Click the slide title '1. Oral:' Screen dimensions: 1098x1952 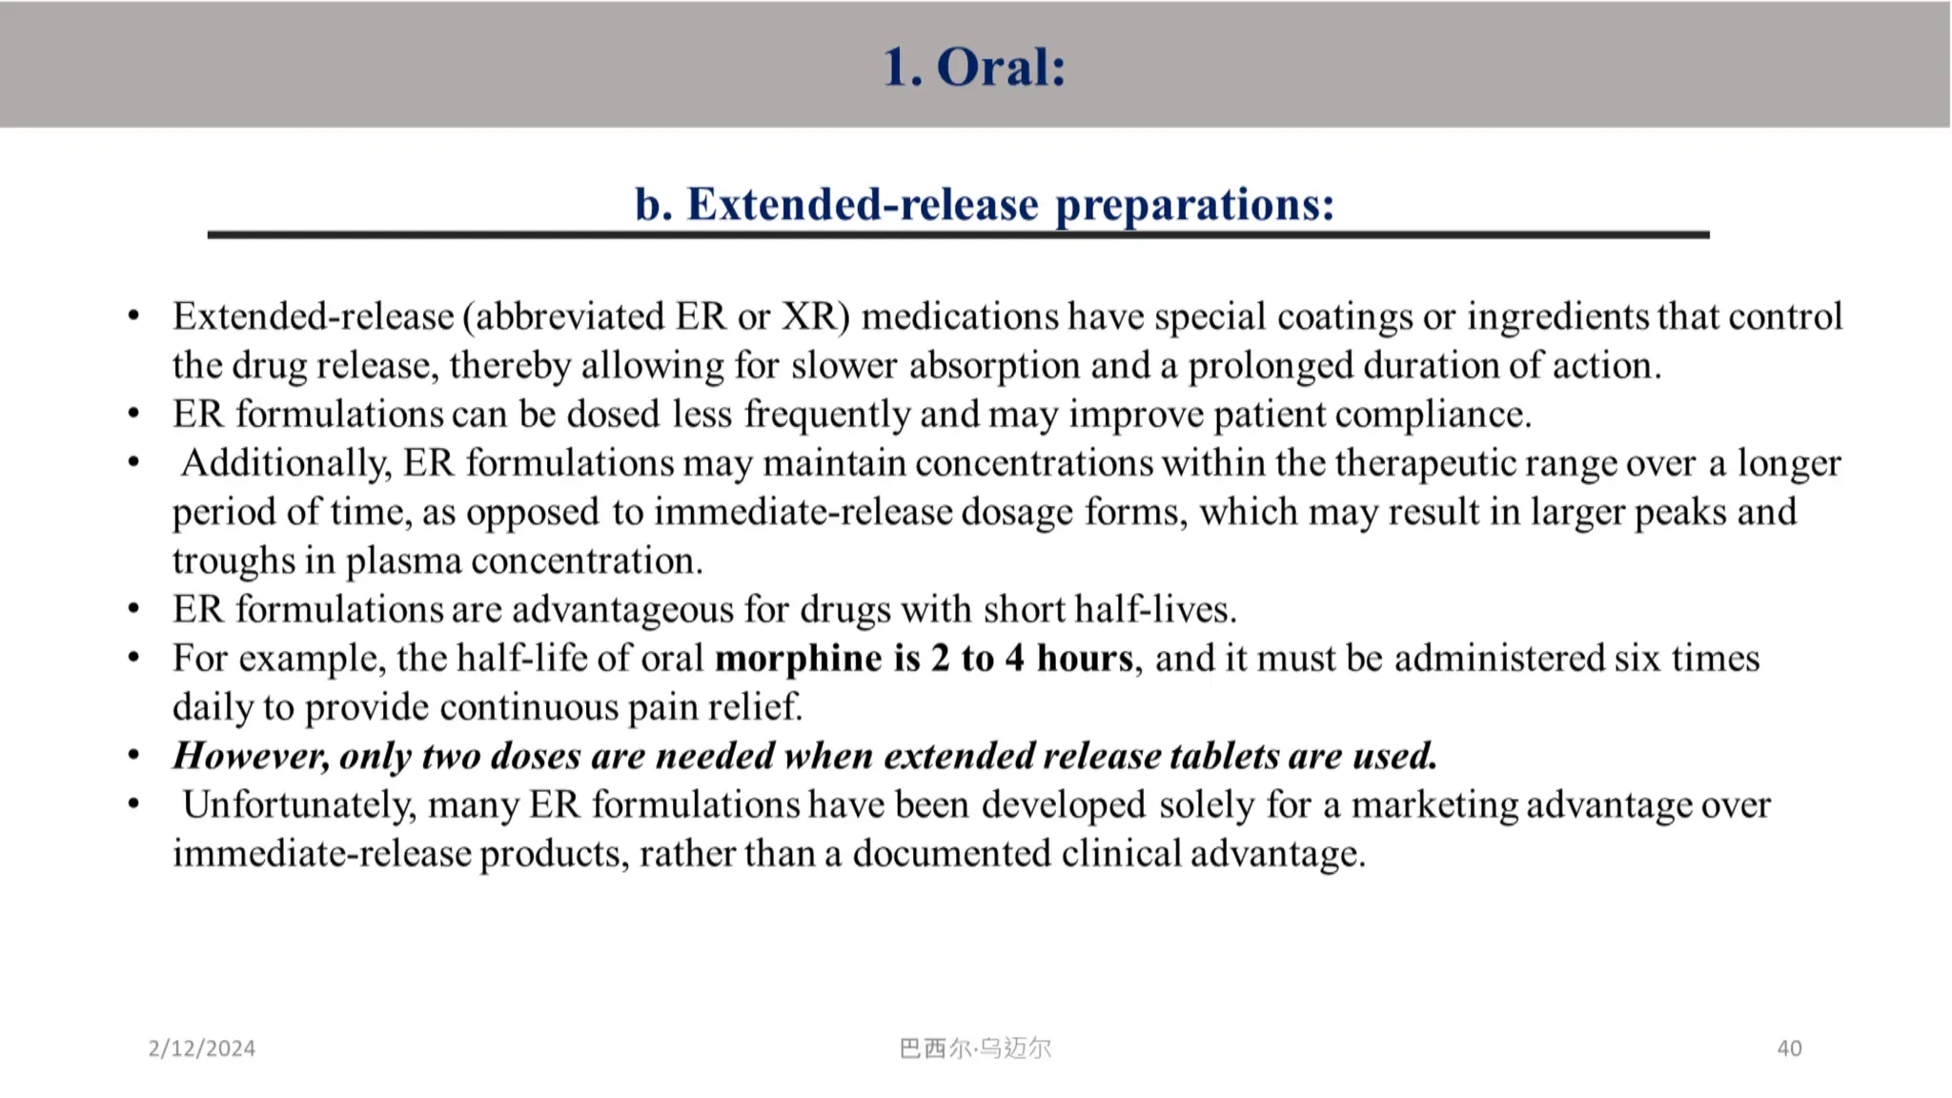(x=973, y=67)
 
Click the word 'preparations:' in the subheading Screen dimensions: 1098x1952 (x=1194, y=204)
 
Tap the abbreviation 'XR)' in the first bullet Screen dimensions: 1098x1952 (x=815, y=316)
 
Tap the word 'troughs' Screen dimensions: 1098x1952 (x=234, y=560)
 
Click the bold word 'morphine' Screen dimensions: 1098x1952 (x=798, y=659)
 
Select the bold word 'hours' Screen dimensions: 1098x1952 (x=1085, y=659)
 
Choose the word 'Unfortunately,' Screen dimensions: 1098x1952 (x=299, y=804)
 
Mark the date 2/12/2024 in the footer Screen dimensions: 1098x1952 (x=201, y=1048)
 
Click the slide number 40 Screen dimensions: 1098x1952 (x=1789, y=1048)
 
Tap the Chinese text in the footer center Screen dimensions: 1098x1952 (x=974, y=1048)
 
